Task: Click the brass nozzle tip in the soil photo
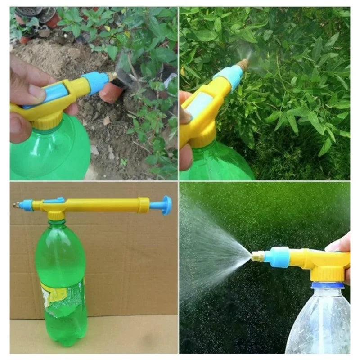(x=112, y=76)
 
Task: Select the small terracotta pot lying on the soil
(x=111, y=92)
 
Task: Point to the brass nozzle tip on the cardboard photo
(x=16, y=205)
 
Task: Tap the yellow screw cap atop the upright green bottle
(x=56, y=215)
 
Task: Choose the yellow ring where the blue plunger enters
(x=144, y=205)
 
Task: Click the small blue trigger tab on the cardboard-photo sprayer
(x=54, y=200)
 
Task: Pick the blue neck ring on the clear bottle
(x=328, y=285)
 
